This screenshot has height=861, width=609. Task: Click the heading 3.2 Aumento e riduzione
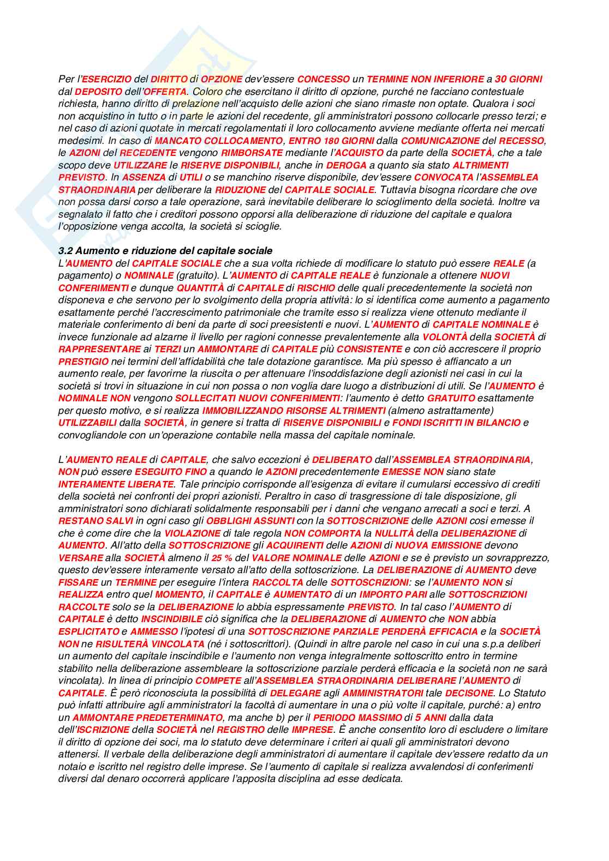pyautogui.click(x=165, y=251)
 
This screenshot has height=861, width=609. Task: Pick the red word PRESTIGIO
pyautogui.click(x=83, y=362)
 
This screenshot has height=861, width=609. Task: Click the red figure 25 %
pyautogui.click(x=222, y=558)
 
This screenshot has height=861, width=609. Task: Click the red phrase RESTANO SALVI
pyautogui.click(x=95, y=521)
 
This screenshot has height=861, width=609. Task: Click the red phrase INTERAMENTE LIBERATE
pyautogui.click(x=116, y=484)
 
